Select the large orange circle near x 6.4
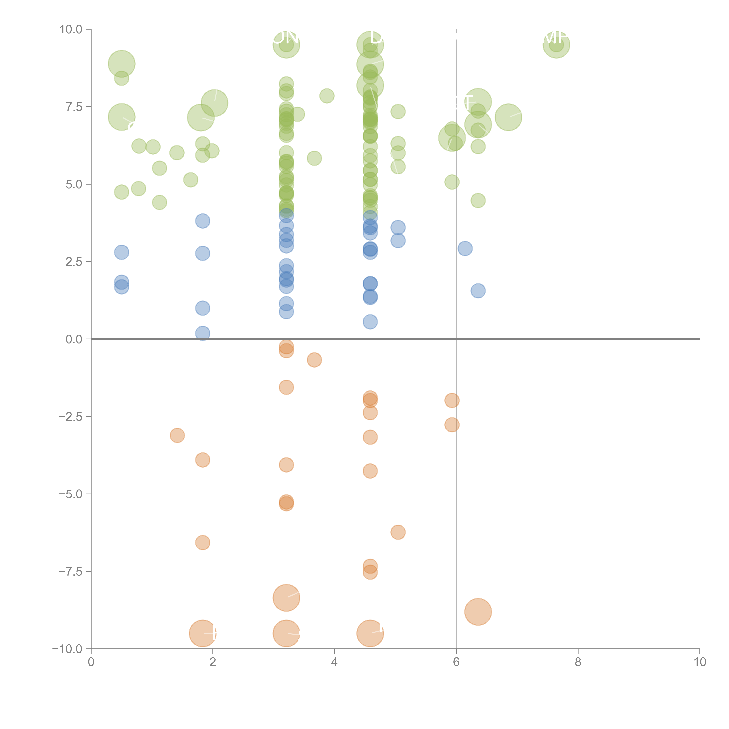(478, 612)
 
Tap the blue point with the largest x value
(478, 291)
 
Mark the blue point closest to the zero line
(203, 333)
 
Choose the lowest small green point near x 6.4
(478, 200)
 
